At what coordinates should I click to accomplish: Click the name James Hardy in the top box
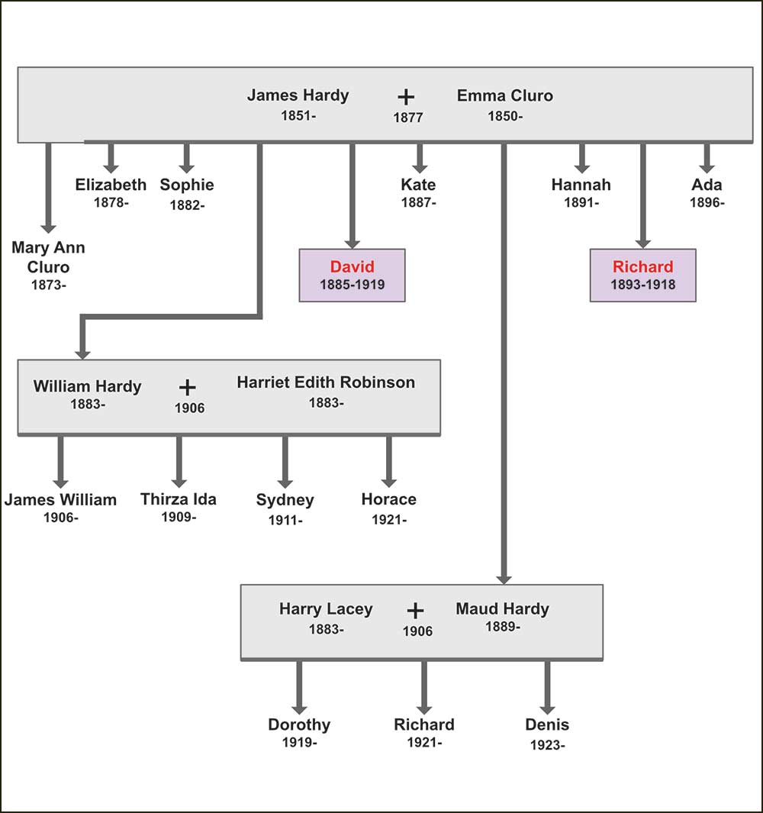coord(298,95)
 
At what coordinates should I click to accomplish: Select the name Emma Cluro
coord(504,95)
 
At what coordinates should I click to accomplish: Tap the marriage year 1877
coord(407,118)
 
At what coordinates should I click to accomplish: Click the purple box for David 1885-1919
coord(352,275)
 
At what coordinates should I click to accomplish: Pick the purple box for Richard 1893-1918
coord(642,275)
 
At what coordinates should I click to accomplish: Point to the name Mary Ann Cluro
coord(48,257)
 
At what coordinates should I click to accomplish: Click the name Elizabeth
coord(111,185)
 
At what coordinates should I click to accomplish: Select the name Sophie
coord(186,185)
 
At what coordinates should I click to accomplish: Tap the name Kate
coord(418,185)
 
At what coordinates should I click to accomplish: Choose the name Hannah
coord(581,185)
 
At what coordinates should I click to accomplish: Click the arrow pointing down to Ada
coord(707,159)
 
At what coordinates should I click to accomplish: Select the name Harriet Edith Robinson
coord(326,382)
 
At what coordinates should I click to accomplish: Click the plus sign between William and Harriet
coord(188,386)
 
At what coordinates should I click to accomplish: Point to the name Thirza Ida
coord(179,499)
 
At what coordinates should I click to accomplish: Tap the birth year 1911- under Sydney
coord(285,521)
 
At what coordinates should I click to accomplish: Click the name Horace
coord(388,499)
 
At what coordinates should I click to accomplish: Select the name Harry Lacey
coord(326,609)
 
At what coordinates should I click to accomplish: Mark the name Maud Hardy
coord(502,608)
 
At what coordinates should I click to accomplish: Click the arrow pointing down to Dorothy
coord(298,687)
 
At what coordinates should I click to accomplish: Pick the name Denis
coord(547,724)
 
